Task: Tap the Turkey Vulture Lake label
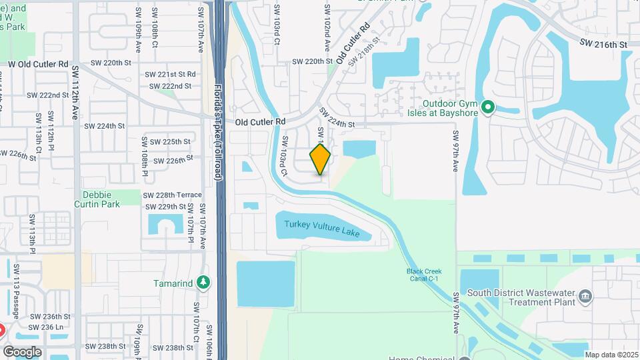tap(321, 228)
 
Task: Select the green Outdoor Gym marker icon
tap(487, 107)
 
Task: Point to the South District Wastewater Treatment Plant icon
tap(586, 296)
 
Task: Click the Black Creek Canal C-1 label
tap(423, 275)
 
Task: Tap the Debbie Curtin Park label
tap(101, 199)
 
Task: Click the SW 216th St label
tap(604, 44)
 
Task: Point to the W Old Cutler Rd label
tap(38, 64)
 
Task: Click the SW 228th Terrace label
tap(173, 195)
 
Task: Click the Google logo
tap(22, 352)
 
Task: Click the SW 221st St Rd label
tap(172, 74)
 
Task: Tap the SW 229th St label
tap(167, 207)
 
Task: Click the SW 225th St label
tap(171, 142)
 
